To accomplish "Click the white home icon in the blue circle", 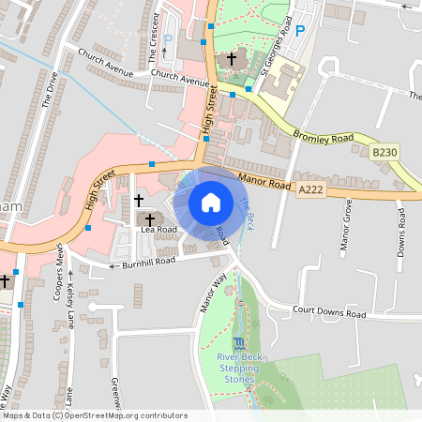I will coord(211,203).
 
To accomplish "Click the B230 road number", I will coord(384,151).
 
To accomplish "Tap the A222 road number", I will coord(310,189).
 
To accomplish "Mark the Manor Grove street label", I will coord(348,227).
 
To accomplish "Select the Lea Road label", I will coord(158,229).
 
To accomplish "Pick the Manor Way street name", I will coord(213,292).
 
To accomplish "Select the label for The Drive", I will coord(50,89).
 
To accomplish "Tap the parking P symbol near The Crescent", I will coord(168,40).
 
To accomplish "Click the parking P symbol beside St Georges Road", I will coord(301,31).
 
